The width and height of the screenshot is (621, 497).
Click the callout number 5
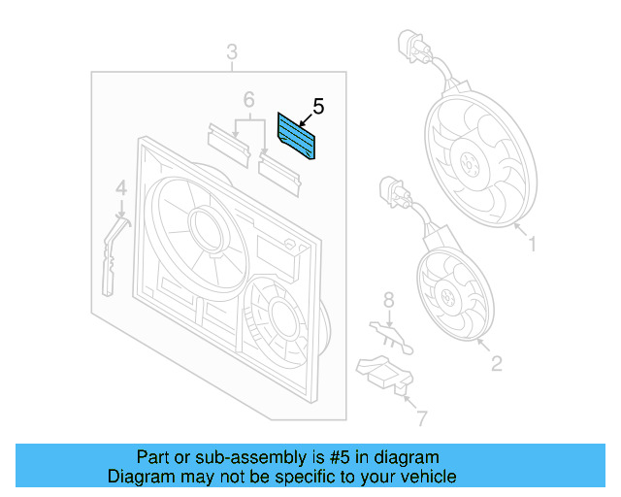pos(317,108)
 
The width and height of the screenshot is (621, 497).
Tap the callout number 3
pos(232,51)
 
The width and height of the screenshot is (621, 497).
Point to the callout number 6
pos(248,100)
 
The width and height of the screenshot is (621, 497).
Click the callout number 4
pos(120,187)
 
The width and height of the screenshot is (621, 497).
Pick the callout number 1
pos(532,245)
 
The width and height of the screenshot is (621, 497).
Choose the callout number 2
pos(496,364)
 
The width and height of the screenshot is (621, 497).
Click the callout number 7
pos(420,418)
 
